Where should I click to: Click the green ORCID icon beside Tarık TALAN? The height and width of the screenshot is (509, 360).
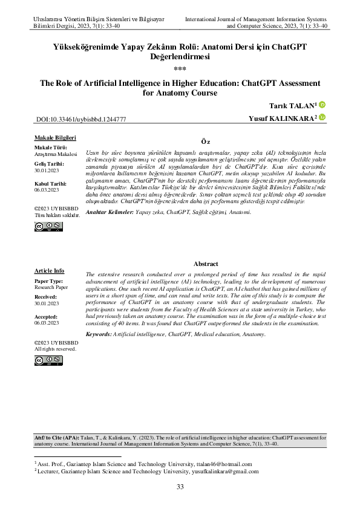[x=322, y=105]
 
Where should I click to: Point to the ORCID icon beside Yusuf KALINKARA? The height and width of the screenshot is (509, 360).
[x=322, y=117]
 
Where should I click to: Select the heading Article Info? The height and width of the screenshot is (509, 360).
[x=50, y=271]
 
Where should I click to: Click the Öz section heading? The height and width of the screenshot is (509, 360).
[x=205, y=141]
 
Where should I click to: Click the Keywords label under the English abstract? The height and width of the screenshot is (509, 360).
[x=99, y=334]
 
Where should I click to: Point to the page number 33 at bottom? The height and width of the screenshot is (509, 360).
[x=180, y=487]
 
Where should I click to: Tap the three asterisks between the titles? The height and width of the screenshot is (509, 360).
[x=180, y=68]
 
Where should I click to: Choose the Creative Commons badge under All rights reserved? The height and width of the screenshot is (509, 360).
[x=49, y=360]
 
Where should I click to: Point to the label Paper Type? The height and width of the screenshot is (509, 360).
[x=48, y=282]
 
